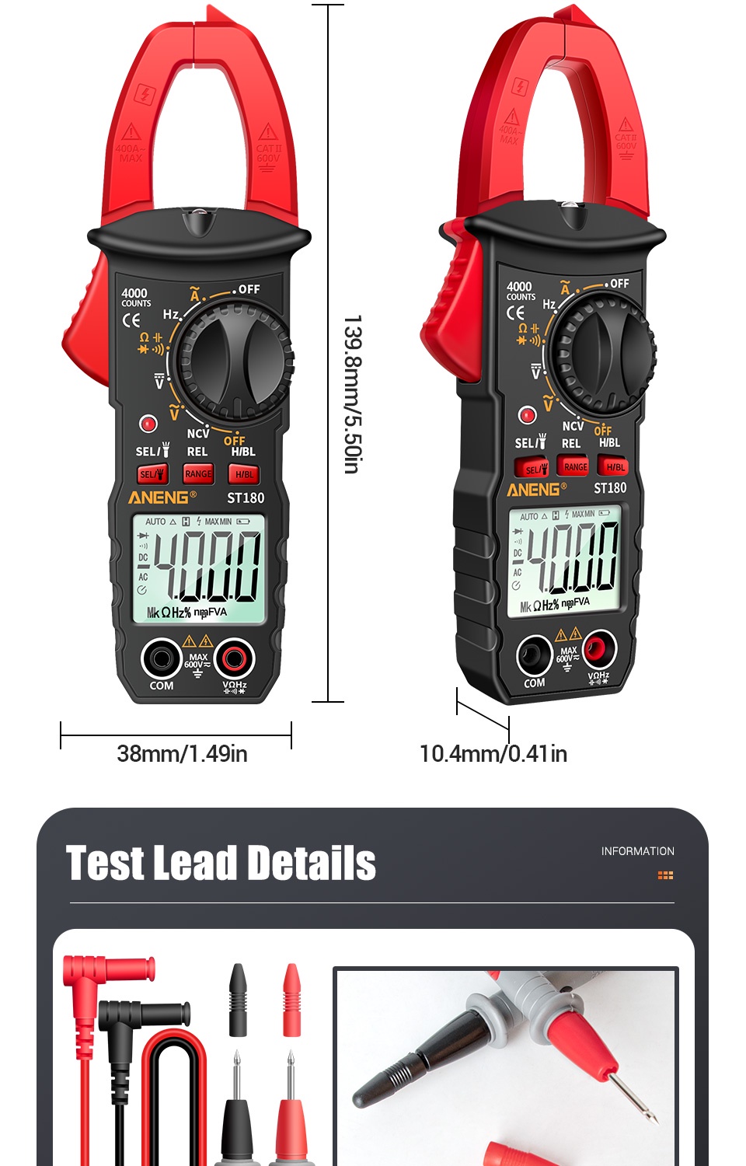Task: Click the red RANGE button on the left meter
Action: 198,473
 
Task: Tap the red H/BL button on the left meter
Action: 244,474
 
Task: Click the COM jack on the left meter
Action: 162,659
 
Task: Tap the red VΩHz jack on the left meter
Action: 234,659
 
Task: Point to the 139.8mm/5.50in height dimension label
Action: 352,394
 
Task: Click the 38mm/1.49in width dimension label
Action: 182,753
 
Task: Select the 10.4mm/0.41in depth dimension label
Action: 493,753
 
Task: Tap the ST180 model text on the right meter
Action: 609,488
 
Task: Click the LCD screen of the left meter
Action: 199,568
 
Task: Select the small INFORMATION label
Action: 637,851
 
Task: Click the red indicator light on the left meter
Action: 148,424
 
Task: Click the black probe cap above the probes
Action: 238,1000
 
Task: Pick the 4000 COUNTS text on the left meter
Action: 135,297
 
